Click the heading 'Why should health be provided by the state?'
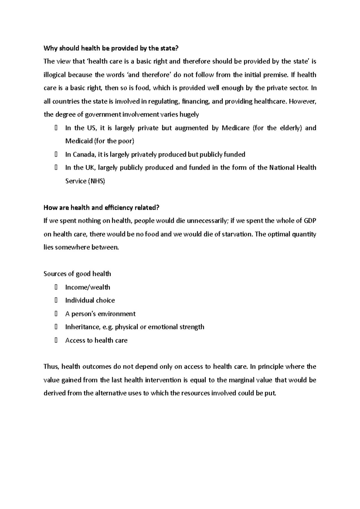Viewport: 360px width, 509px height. click(113, 48)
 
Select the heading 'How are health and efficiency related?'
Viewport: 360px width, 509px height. click(101, 207)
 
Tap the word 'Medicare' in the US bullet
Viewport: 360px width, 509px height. click(235, 128)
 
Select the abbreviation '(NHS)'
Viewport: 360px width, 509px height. click(96, 181)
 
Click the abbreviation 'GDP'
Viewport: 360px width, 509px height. click(310, 221)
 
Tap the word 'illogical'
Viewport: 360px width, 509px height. click(55, 75)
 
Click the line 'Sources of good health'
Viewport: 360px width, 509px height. click(77, 274)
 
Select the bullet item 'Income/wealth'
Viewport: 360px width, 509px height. click(88, 287)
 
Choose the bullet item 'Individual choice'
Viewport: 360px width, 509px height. click(90, 300)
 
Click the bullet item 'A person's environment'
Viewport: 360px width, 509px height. click(100, 314)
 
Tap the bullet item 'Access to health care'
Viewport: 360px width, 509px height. click(96, 340)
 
